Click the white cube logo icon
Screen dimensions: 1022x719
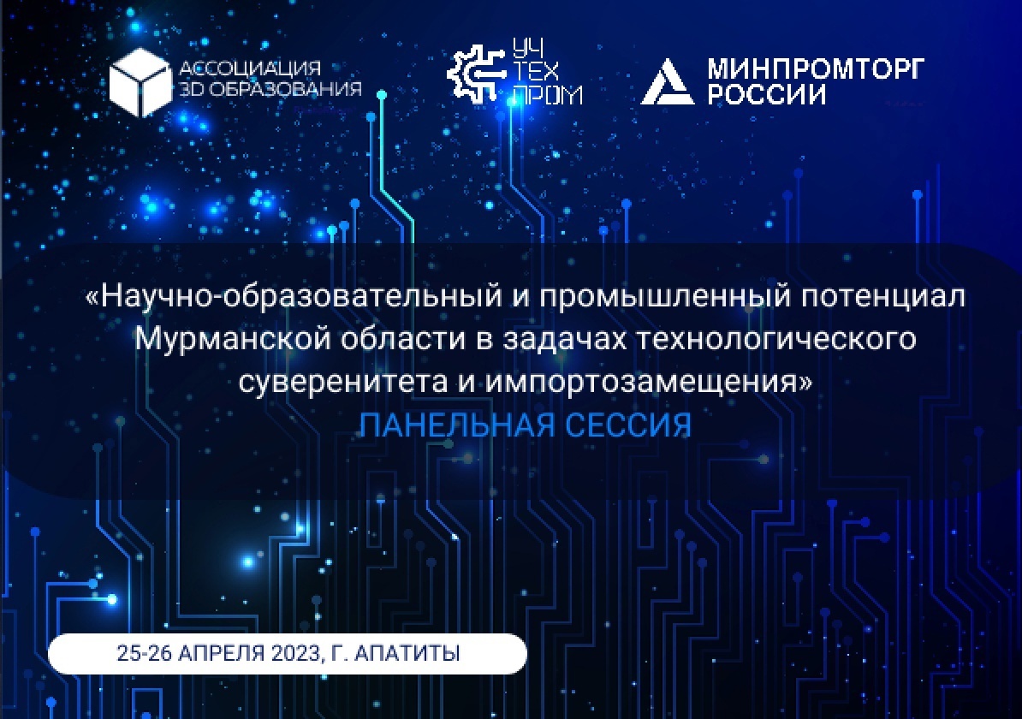tap(140, 81)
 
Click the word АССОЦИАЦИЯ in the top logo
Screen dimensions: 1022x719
tap(250, 68)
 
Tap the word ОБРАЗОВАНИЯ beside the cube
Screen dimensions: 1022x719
tap(288, 89)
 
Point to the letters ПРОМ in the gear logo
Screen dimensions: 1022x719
tap(548, 95)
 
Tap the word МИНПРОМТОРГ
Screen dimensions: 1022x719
tap(816, 68)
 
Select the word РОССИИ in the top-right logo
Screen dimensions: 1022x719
tap(767, 94)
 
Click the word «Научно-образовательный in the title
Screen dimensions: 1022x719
tap(294, 297)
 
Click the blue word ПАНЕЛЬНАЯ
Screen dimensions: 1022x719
tap(457, 425)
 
